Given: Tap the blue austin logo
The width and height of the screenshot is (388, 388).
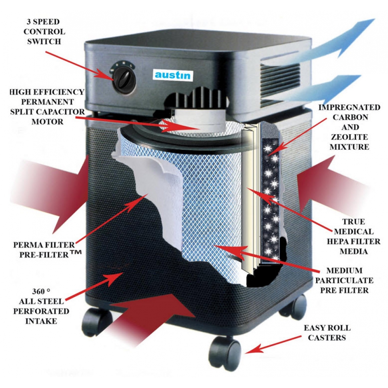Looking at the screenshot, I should pos(173,74).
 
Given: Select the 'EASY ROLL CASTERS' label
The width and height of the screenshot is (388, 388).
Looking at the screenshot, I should pos(325,333).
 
